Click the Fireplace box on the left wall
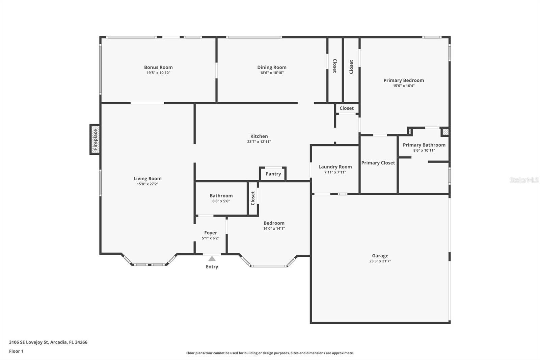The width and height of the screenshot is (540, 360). (95, 139)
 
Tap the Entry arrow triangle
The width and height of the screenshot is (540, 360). (212, 259)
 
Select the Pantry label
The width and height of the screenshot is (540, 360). (273, 174)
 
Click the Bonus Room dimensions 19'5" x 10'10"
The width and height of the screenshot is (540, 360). (158, 73)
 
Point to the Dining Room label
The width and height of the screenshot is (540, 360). (272, 67)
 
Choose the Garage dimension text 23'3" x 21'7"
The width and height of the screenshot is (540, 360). (380, 261)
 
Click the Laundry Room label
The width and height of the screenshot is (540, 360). (335, 166)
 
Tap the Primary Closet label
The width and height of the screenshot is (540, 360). (378, 163)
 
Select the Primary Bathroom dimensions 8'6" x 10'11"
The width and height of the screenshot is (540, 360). (424, 150)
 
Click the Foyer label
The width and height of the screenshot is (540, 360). (211, 233)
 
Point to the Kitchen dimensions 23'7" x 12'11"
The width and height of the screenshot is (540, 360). (259, 142)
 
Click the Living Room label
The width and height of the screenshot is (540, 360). (147, 179)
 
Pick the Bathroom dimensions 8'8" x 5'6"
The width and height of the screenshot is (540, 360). (221, 201)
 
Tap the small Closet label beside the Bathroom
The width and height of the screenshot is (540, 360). (253, 198)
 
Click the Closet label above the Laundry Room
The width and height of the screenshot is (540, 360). (347, 108)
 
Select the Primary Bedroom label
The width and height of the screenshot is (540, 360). (404, 80)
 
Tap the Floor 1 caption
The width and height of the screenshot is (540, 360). (16, 351)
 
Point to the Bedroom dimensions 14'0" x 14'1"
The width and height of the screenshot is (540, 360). (274, 229)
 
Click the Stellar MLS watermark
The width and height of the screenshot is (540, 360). (524, 180)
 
